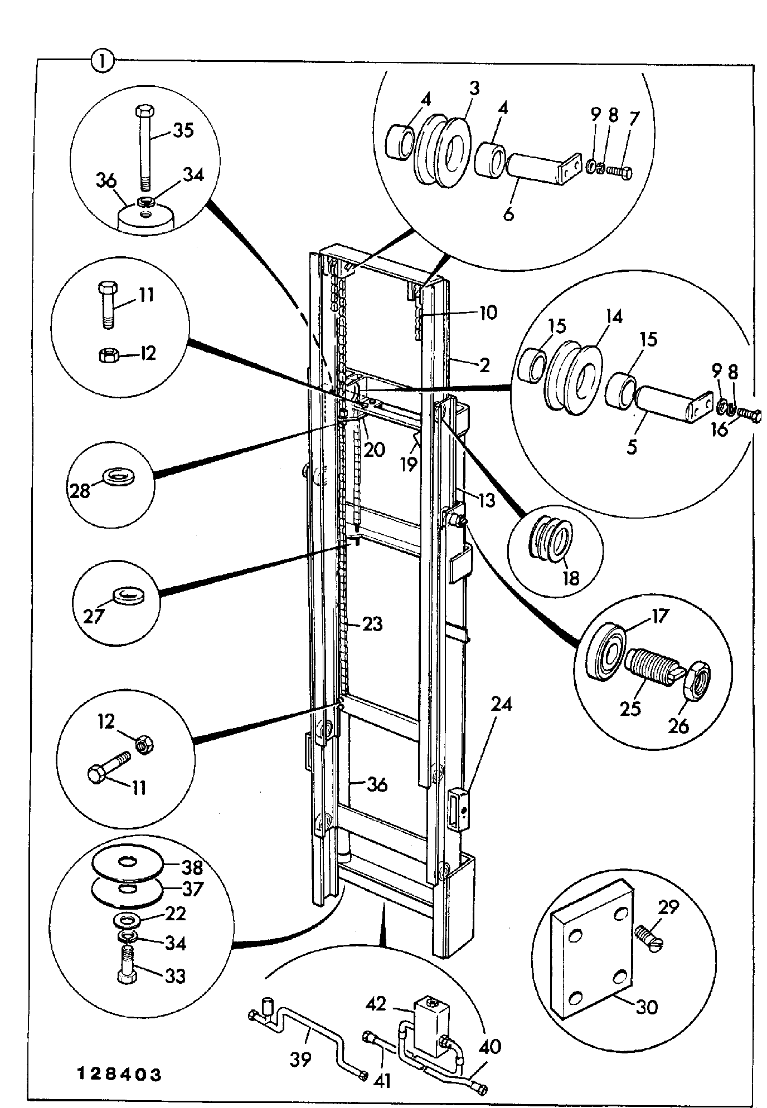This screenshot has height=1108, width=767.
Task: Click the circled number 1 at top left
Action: pyautogui.click(x=102, y=61)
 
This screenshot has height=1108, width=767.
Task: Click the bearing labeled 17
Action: pyautogui.click(x=610, y=650)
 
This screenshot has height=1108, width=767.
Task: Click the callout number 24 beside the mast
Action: pyautogui.click(x=502, y=705)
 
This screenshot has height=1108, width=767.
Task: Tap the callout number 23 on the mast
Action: pyautogui.click(x=372, y=623)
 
